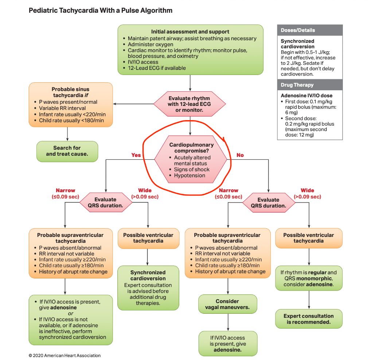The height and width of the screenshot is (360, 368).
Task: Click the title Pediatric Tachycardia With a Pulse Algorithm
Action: click(x=101, y=11)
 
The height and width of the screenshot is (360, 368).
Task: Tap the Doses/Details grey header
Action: click(x=310, y=30)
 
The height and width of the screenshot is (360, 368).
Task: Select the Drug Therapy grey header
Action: click(x=310, y=85)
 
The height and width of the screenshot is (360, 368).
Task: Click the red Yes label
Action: click(x=136, y=155)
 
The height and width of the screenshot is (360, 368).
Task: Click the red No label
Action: click(x=240, y=155)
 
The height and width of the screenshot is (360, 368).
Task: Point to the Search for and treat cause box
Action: click(x=67, y=151)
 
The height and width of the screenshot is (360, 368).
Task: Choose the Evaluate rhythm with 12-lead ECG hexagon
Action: click(x=189, y=104)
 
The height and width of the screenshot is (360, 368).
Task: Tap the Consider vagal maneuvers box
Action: click(x=228, y=304)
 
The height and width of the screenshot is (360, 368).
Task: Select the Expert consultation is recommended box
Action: click(x=309, y=319)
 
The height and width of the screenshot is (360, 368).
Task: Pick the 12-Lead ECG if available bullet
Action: click(x=154, y=68)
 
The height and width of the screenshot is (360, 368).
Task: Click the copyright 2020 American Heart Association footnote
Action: click(x=64, y=355)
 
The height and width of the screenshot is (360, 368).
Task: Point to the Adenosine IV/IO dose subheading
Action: click(x=306, y=95)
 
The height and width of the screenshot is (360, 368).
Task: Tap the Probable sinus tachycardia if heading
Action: click(x=70, y=92)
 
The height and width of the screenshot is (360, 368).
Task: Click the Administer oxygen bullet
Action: click(x=148, y=44)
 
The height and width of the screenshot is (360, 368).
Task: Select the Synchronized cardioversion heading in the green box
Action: click(x=148, y=275)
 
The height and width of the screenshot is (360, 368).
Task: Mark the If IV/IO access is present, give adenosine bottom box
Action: click(x=228, y=344)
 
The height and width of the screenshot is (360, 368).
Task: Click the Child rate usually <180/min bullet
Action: click(x=69, y=120)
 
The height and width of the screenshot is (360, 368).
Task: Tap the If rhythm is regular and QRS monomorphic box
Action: click(x=309, y=278)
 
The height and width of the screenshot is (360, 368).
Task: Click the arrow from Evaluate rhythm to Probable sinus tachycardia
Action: click(x=133, y=104)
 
